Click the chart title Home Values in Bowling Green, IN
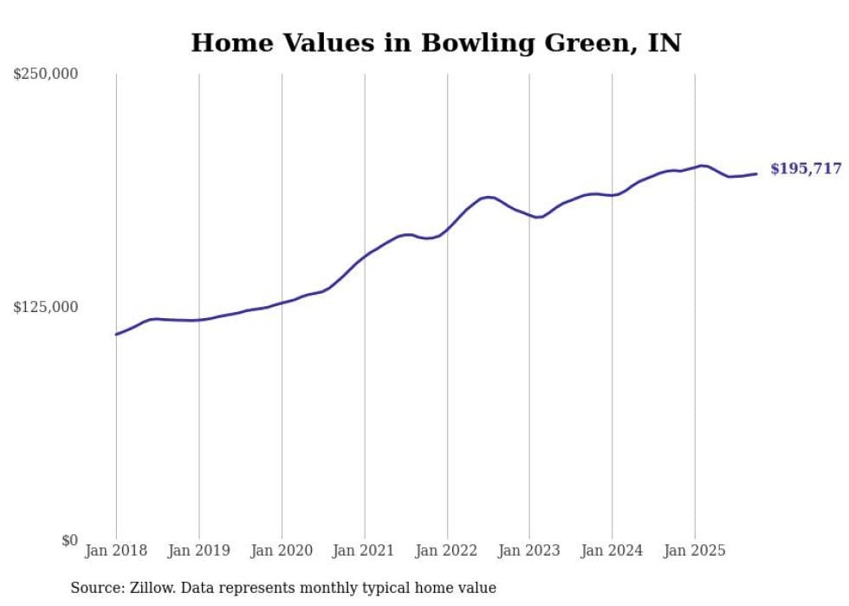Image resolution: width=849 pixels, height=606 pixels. (x=436, y=42)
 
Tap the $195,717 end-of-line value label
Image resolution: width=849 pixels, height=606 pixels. (x=806, y=169)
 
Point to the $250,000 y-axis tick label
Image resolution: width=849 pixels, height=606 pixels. (x=45, y=75)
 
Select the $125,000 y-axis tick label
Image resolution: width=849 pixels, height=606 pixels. (x=45, y=307)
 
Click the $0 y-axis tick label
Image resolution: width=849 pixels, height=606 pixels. (x=69, y=540)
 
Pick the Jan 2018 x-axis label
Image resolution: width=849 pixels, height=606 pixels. (x=116, y=551)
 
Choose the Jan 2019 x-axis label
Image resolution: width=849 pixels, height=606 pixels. (x=199, y=551)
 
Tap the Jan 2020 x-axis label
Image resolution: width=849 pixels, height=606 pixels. (x=282, y=551)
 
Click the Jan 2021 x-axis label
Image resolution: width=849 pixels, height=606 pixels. (x=364, y=551)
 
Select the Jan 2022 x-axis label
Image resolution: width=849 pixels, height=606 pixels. (x=447, y=551)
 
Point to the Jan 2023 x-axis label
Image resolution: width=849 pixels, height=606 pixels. (x=529, y=551)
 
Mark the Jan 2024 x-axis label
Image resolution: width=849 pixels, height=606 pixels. (x=612, y=551)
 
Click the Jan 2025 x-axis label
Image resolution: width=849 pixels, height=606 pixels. (x=695, y=551)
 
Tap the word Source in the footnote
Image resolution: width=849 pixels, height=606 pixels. (x=94, y=588)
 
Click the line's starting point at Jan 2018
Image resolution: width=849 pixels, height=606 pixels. (x=116, y=334)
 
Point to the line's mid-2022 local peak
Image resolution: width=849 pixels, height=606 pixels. (x=489, y=197)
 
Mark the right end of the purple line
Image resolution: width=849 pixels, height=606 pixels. (x=756, y=174)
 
